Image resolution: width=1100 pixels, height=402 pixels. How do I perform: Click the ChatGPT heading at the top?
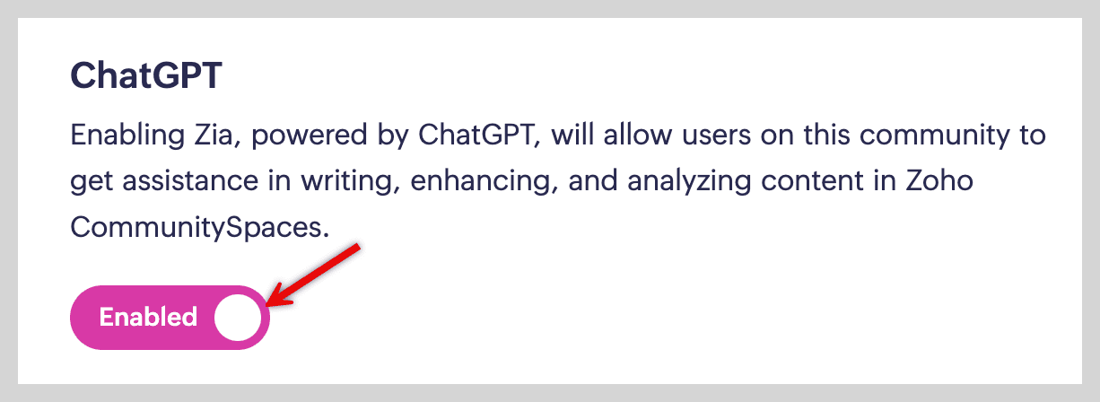(146, 75)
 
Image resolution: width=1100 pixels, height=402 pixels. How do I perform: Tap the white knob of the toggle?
(238, 318)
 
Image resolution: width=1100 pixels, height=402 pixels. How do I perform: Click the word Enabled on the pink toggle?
(148, 317)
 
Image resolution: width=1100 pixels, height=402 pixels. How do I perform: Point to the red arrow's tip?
(266, 306)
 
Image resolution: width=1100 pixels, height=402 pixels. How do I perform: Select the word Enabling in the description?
(127, 135)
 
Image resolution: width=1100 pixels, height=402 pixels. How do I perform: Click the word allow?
(637, 135)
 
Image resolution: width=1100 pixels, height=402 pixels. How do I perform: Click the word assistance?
(190, 181)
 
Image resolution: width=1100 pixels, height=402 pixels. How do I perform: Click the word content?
(812, 181)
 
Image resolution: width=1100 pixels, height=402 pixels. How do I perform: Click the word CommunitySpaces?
(200, 228)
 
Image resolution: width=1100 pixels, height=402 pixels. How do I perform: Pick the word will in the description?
(572, 135)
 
